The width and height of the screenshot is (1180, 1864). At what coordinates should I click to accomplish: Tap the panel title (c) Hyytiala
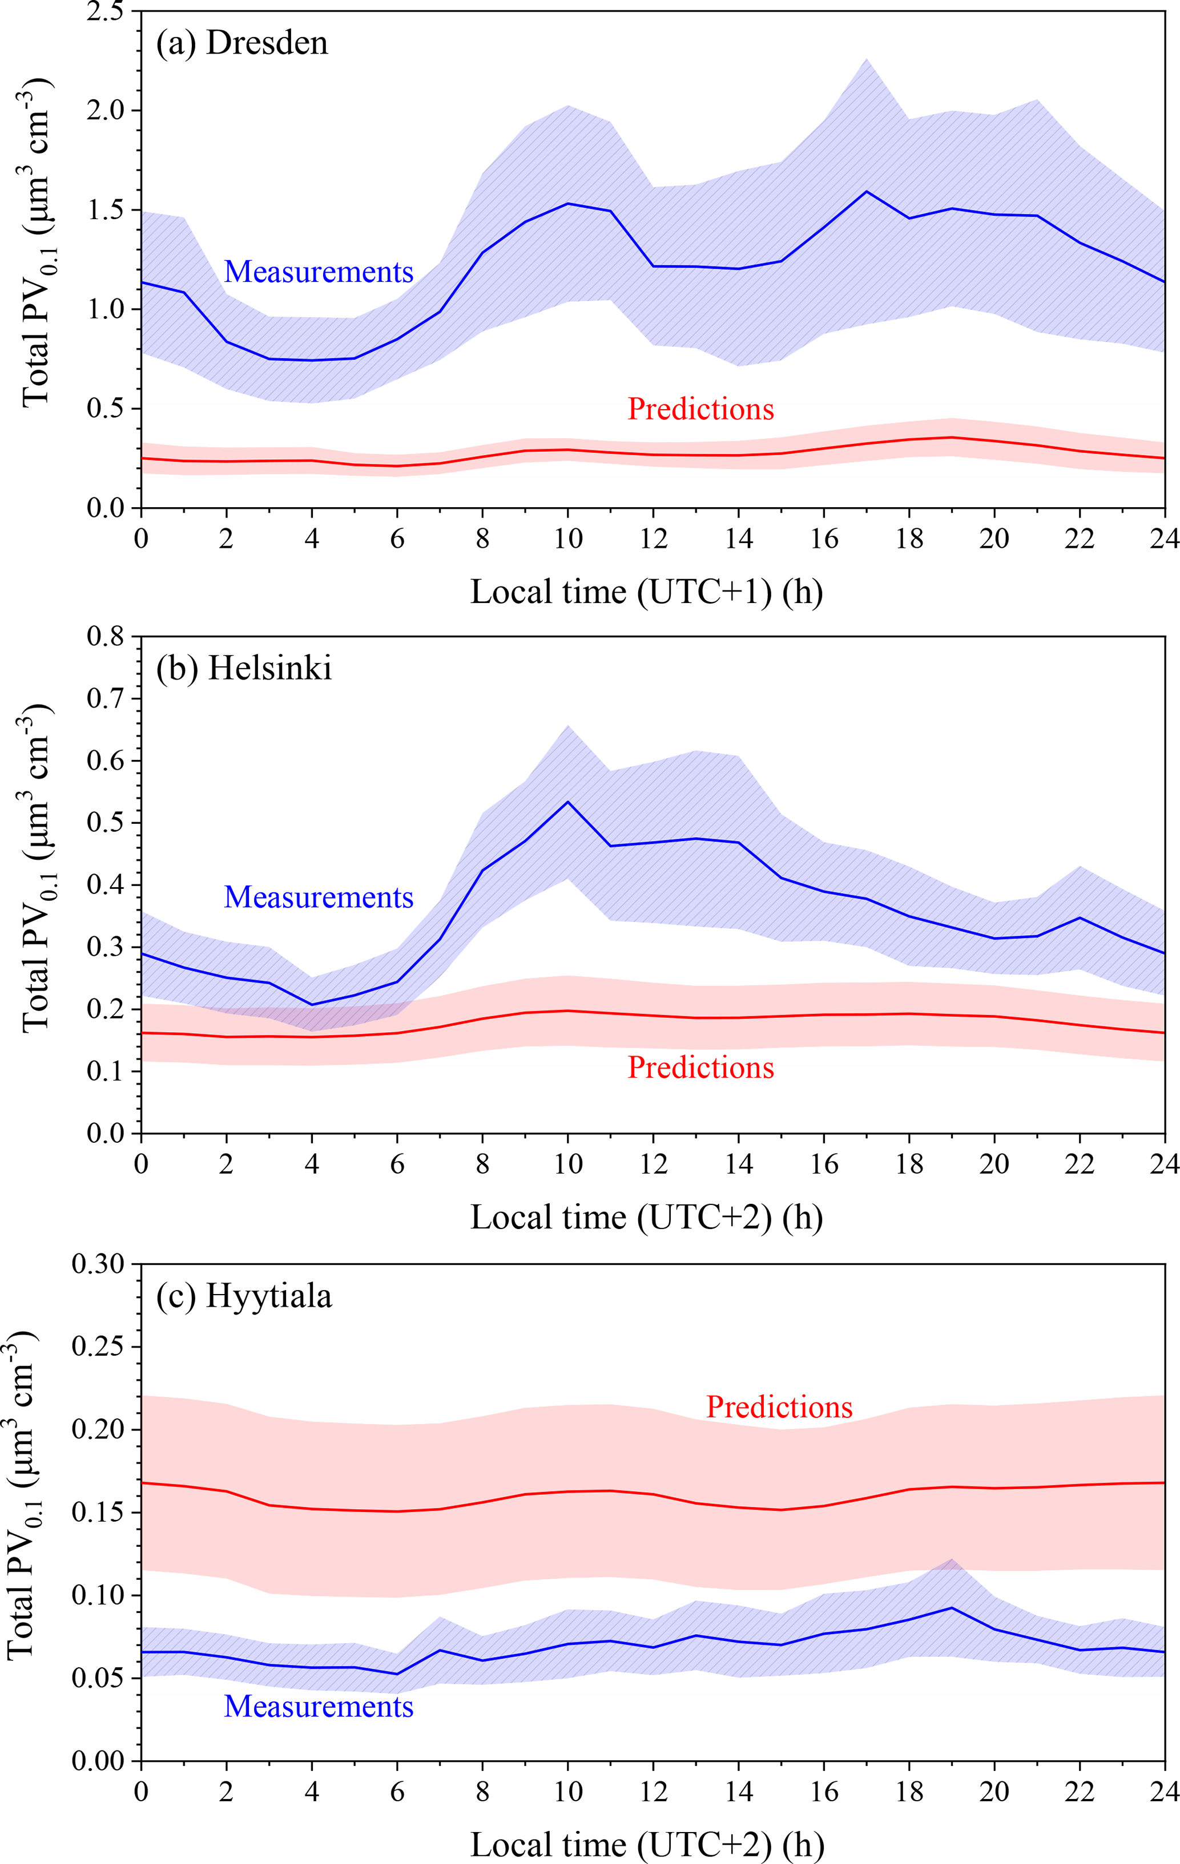[x=243, y=1295]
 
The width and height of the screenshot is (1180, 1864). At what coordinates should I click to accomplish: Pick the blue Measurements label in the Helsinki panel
[x=318, y=896]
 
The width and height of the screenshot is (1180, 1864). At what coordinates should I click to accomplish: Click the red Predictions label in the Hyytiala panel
[x=779, y=1406]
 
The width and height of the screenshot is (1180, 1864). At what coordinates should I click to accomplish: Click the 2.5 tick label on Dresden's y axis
[x=106, y=11]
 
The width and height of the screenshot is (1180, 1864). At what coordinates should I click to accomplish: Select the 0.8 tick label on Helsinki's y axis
[x=106, y=636]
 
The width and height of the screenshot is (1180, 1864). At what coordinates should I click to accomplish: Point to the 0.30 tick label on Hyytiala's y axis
[x=98, y=1264]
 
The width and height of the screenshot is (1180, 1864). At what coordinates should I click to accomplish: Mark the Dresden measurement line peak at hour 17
[x=867, y=191]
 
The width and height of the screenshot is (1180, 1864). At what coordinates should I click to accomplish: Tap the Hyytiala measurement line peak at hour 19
[x=952, y=1607]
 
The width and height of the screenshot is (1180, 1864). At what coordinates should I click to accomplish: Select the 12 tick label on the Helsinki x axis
[x=654, y=1163]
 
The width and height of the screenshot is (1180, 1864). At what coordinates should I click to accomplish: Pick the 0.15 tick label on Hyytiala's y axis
[x=98, y=1512]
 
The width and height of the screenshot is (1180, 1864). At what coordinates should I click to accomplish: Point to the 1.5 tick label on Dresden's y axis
[x=106, y=210]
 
